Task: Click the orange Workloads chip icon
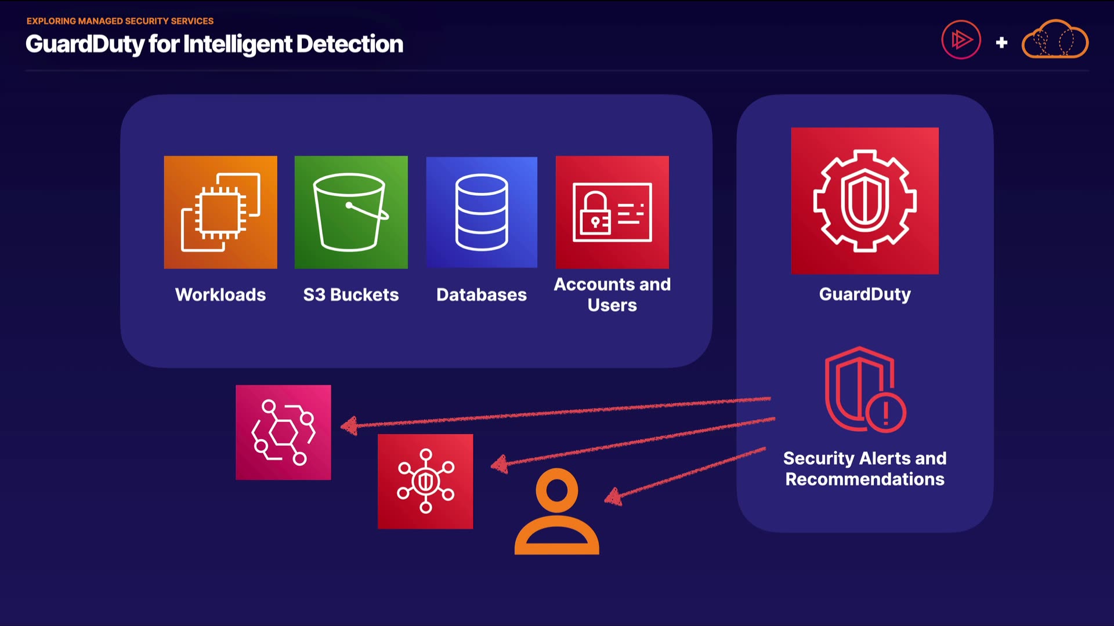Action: (220, 212)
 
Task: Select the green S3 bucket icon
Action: (351, 212)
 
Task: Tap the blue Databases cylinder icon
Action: (482, 212)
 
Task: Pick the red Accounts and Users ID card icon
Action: (612, 212)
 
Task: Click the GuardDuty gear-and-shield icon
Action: (865, 201)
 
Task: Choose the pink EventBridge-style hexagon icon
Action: (283, 432)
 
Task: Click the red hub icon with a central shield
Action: (425, 481)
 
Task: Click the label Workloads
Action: (220, 294)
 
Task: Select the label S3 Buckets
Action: (351, 294)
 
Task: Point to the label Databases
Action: (482, 294)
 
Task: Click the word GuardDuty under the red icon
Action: (865, 294)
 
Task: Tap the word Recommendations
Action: (865, 479)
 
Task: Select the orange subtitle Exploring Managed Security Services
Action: (120, 21)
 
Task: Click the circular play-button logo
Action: (961, 40)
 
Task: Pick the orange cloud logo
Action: (1055, 40)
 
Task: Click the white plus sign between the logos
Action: (1001, 42)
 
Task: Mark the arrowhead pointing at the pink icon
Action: (348, 427)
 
